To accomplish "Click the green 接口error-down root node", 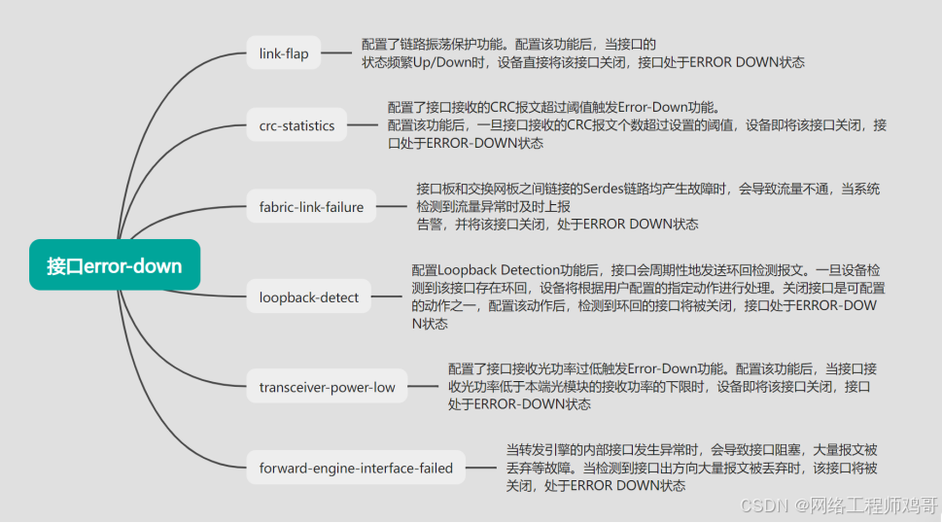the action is (114, 264).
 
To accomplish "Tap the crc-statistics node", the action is (297, 125).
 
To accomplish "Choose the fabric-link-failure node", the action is (311, 207).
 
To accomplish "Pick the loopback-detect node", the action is (308, 297).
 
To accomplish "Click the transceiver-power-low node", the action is (327, 387).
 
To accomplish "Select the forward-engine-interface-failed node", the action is (356, 469).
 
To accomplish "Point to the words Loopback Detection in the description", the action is (487, 270).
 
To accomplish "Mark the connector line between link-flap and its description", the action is (335, 53).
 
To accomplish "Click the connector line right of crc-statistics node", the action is (361, 124).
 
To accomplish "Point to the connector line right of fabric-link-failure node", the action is (390, 206).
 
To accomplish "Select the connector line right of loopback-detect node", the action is (386, 296).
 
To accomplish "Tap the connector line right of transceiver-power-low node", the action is (420, 386).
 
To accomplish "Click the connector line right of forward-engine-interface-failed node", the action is (479, 468).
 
